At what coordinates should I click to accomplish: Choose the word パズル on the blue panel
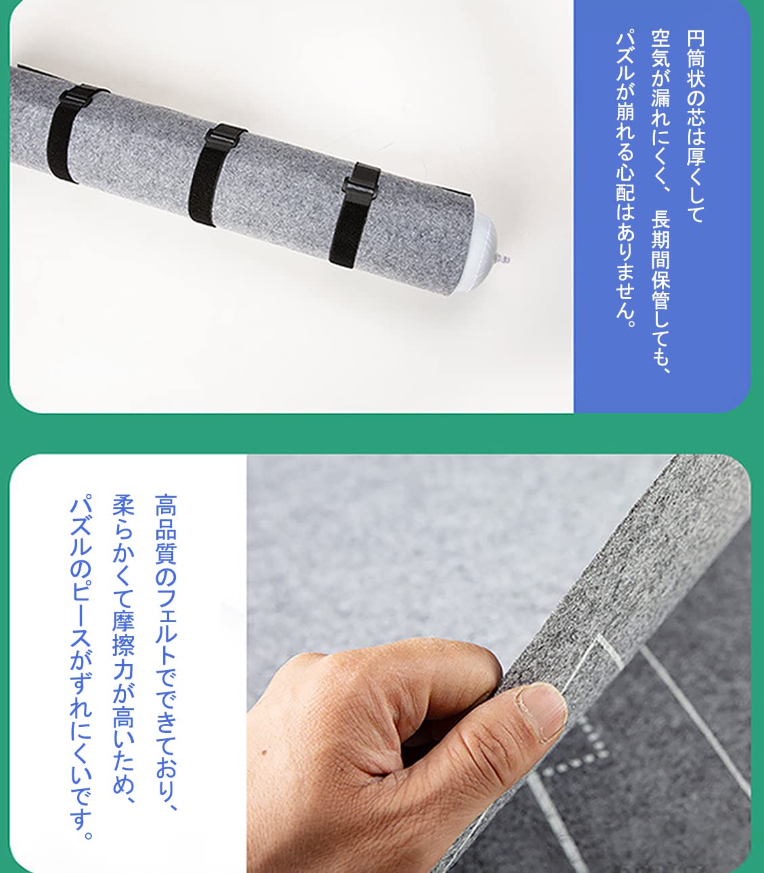(625, 53)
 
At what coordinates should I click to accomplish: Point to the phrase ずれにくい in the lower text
(81, 734)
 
